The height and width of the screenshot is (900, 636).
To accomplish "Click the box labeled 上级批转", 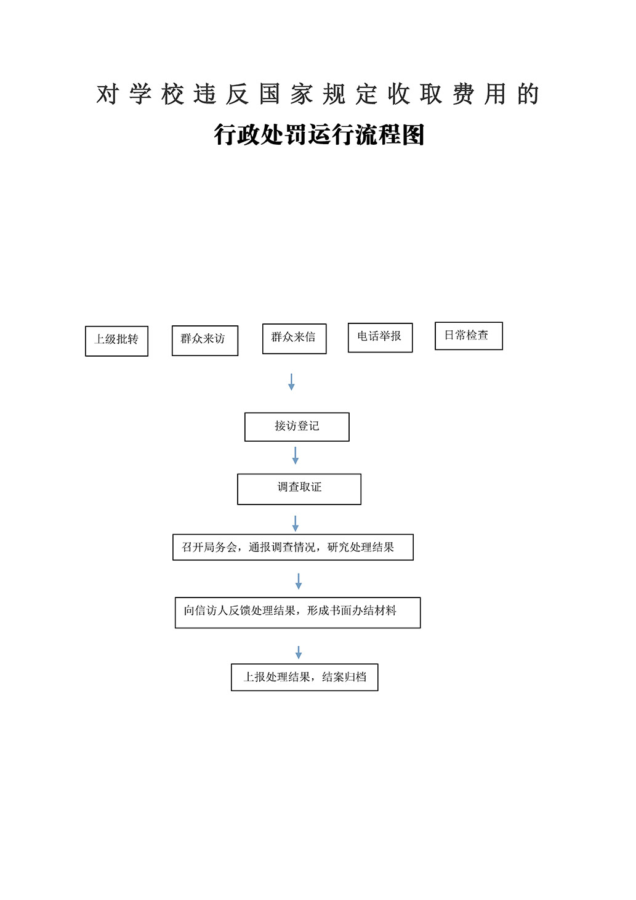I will tap(116, 341).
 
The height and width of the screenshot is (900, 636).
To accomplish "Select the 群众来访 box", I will tap(204, 340).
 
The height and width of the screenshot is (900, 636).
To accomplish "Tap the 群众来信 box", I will tap(294, 338).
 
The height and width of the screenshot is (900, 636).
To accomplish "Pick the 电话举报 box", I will tap(380, 337).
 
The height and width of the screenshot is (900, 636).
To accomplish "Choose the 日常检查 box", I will tap(469, 336).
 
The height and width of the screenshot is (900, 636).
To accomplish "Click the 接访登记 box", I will tap(297, 426).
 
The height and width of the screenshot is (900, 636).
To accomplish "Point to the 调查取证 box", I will tap(299, 489).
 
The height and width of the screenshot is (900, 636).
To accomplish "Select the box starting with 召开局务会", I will tap(292, 547).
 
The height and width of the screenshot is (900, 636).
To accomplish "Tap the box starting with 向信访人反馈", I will tap(297, 612).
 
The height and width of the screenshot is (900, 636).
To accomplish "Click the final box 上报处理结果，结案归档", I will tap(304, 677).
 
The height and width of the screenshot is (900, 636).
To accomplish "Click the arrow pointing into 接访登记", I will tap(291, 382).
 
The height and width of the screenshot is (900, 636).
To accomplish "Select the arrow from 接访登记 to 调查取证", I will tap(296, 456).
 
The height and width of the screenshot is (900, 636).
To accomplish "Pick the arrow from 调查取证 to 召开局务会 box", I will tap(296, 524).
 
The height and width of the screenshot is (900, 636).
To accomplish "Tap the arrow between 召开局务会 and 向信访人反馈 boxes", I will tap(299, 582).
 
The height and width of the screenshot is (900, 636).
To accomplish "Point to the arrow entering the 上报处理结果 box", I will tap(299, 652).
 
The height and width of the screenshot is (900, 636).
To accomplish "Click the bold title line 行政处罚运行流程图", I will tap(319, 134).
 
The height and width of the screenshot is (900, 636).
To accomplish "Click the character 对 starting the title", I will tap(107, 94).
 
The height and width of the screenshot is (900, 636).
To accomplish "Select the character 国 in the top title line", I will tap(269, 94).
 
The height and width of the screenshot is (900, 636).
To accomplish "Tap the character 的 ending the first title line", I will tap(528, 94).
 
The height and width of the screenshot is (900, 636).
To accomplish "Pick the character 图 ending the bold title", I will tap(413, 134).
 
